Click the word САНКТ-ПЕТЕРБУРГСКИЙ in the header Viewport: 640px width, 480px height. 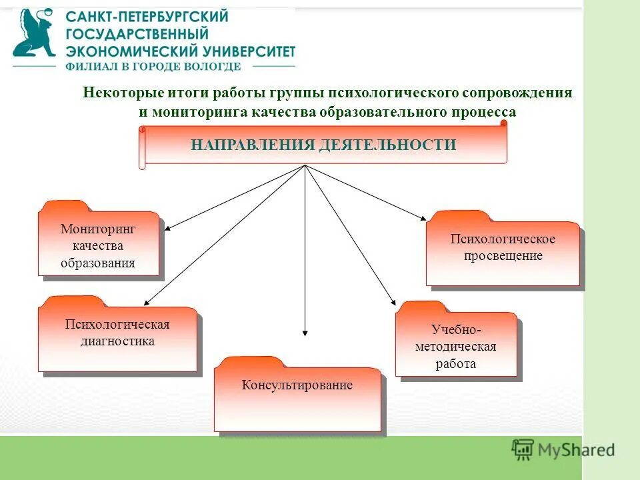147,17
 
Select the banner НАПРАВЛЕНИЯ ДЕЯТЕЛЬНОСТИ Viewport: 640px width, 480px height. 324,145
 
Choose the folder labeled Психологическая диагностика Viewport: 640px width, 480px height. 117,337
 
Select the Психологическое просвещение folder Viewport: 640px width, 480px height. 503,250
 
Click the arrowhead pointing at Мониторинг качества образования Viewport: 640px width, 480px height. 169,228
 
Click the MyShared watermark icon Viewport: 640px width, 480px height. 523,450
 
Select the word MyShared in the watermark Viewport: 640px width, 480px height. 577,451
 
